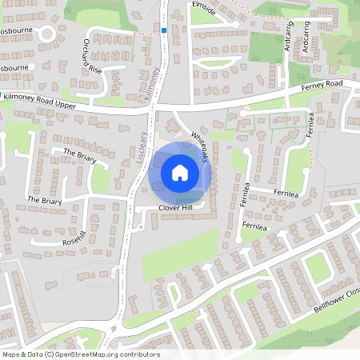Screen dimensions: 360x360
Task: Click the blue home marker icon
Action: tap(179, 172)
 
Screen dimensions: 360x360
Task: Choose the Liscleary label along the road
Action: tap(139, 147)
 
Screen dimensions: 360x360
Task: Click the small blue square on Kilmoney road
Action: tap(164, 30)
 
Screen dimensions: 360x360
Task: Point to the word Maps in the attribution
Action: tap(10, 354)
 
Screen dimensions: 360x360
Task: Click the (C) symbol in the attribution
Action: tap(50, 354)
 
